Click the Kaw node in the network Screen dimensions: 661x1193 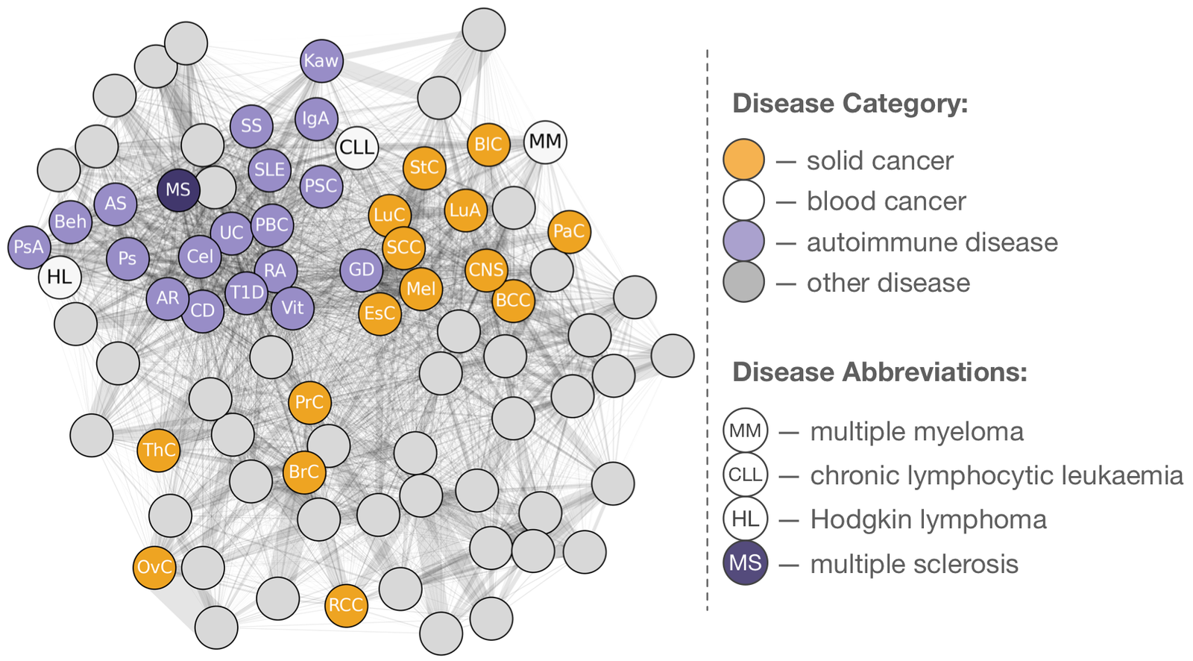click(x=321, y=60)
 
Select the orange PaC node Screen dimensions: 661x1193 click(x=569, y=231)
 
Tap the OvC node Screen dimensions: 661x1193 click(x=154, y=567)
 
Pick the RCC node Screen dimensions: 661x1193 click(x=346, y=604)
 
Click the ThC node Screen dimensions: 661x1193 click(x=159, y=450)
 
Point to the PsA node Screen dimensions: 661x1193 click(x=29, y=246)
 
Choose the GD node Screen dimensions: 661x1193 click(x=362, y=269)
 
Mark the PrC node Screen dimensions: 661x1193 click(x=309, y=403)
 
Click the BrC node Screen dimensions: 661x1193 click(x=304, y=472)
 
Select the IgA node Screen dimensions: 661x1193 click(x=316, y=119)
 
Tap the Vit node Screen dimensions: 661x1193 click(x=292, y=307)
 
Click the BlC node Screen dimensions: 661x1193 click(x=488, y=144)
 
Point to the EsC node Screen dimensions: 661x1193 click(x=380, y=313)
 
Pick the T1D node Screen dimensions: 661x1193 click(x=247, y=292)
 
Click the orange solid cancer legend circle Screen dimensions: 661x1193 click(x=743, y=160)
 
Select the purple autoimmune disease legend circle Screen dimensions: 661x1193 click(x=743, y=242)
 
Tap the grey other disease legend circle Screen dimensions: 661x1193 click(x=743, y=282)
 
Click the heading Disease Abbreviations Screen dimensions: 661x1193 click(x=880, y=372)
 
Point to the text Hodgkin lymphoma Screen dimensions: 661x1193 click(x=928, y=519)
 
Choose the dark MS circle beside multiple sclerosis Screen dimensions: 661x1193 click(x=745, y=563)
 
